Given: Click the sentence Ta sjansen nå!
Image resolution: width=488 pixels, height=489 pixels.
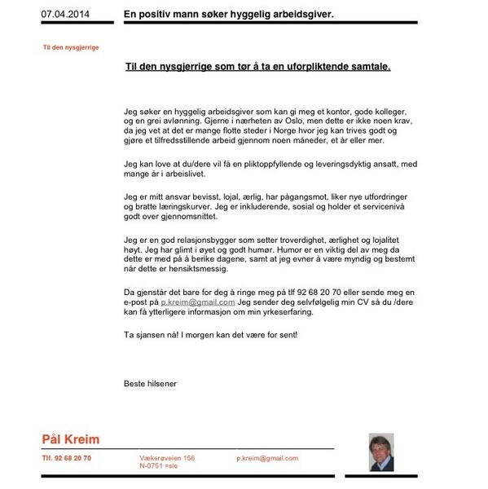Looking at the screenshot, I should tap(154, 335).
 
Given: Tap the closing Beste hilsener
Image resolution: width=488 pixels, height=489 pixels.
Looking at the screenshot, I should tap(150, 383).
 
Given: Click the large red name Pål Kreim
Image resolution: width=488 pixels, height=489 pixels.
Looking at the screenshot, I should tap(71, 440).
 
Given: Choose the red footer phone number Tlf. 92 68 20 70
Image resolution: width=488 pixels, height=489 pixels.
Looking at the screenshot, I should tap(67, 458).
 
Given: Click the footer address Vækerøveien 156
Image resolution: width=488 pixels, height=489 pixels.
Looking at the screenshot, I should tap(167, 458).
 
